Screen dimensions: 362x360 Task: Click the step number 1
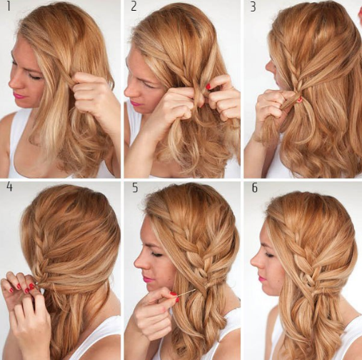[9, 6]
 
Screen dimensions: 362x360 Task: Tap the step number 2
[134, 6]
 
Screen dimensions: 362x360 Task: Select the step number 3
[253, 7]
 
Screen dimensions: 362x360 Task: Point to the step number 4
[9, 187]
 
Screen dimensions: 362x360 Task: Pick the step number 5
[135, 188]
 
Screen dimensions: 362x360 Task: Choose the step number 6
[255, 188]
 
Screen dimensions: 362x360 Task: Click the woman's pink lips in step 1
[19, 96]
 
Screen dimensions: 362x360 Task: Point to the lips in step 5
[148, 279]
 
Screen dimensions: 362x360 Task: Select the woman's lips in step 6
[262, 278]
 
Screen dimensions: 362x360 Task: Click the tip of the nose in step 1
[9, 84]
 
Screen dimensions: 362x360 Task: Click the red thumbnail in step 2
[208, 86]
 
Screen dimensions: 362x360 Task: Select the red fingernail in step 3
[300, 99]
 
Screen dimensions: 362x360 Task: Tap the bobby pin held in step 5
[186, 293]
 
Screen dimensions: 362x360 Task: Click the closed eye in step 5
[157, 255]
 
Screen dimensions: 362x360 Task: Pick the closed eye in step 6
[270, 255]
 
